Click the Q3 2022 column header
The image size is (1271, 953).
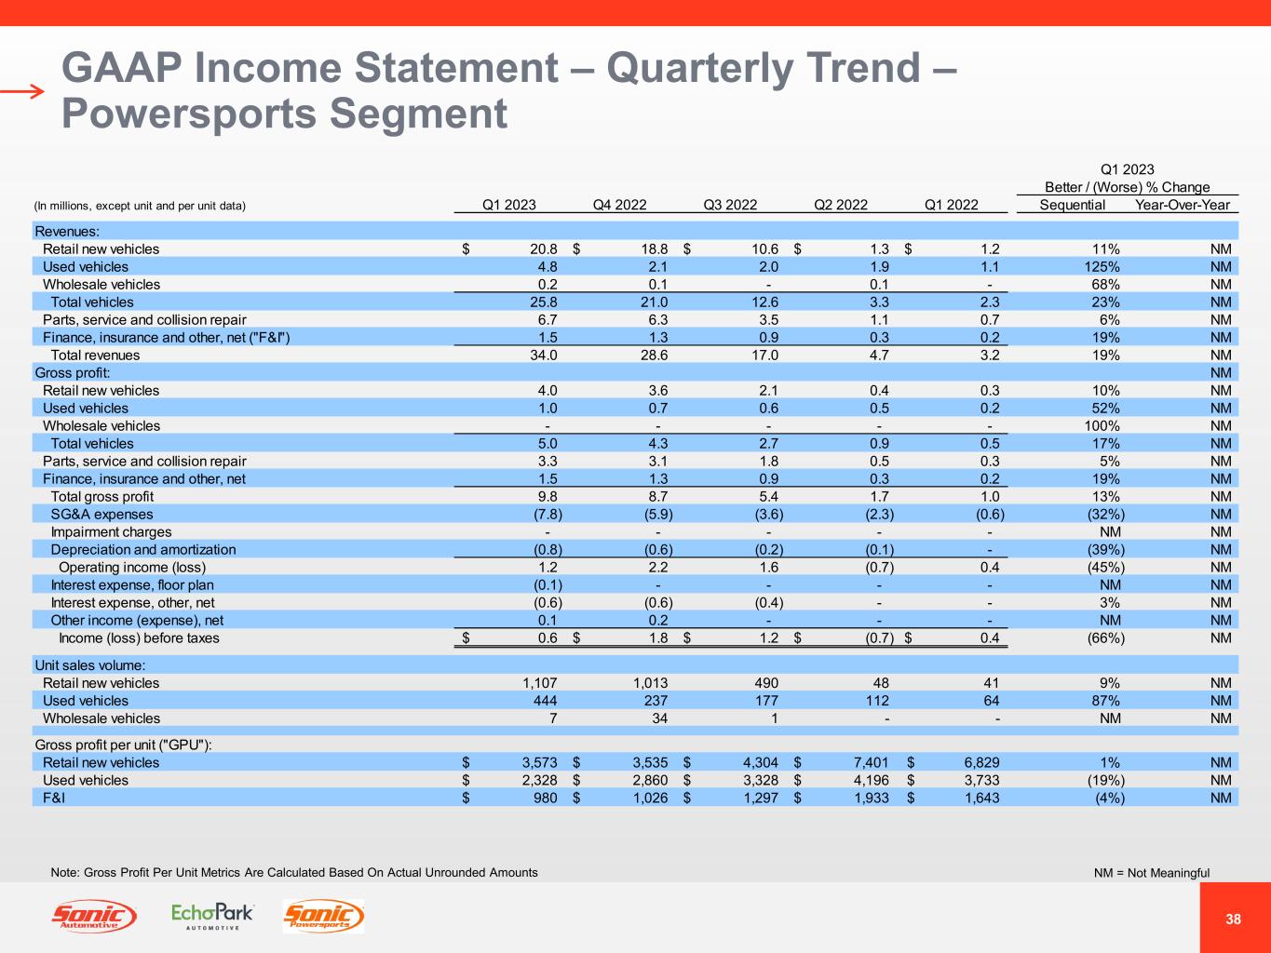point(730,205)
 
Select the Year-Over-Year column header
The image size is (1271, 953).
point(1183,205)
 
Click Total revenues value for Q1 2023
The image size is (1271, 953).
point(541,355)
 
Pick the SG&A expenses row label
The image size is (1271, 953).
point(101,514)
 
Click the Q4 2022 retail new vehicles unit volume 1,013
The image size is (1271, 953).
point(648,683)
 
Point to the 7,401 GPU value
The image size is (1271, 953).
point(871,763)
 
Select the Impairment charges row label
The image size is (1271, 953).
point(111,531)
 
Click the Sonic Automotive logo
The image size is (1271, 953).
point(94,917)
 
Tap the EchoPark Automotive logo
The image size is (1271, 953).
point(212,916)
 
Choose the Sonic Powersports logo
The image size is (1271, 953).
point(323,917)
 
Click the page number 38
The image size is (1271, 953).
point(1234,919)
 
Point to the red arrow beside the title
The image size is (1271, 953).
point(22,91)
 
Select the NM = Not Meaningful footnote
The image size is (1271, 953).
point(1152,873)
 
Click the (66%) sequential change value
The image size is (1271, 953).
point(1105,638)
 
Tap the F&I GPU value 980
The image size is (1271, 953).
point(544,799)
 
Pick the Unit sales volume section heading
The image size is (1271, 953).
point(89,665)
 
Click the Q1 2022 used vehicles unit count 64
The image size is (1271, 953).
point(991,701)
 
